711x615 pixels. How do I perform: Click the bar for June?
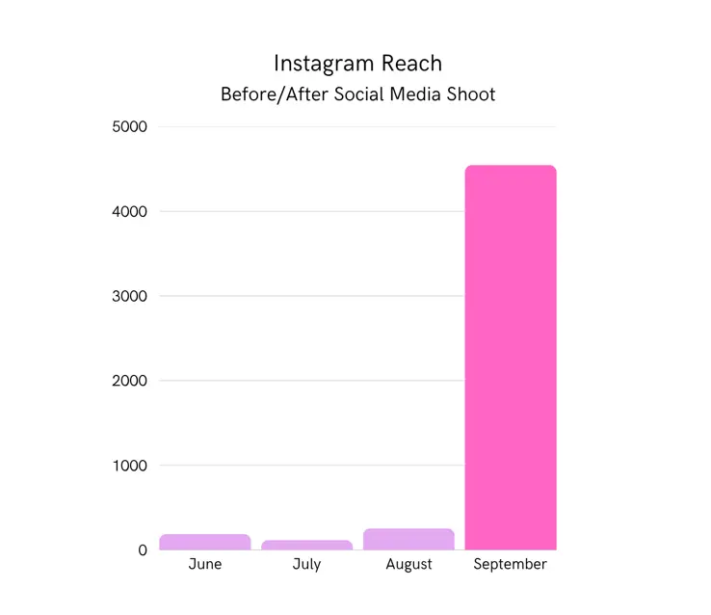(204, 542)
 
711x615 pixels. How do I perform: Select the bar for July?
(306, 545)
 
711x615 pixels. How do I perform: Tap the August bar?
(408, 539)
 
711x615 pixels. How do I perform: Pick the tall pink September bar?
(511, 357)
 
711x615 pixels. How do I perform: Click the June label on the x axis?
(204, 564)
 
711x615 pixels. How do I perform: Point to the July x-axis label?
(306, 564)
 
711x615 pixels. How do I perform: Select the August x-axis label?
(408, 564)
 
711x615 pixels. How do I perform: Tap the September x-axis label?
(511, 564)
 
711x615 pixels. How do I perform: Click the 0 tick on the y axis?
(142, 550)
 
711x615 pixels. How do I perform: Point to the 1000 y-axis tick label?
(129, 466)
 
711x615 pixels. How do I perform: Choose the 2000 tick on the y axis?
(129, 381)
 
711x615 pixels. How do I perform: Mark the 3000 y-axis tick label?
(129, 296)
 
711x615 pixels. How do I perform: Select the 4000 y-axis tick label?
(129, 211)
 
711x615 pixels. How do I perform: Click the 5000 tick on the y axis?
(129, 126)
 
